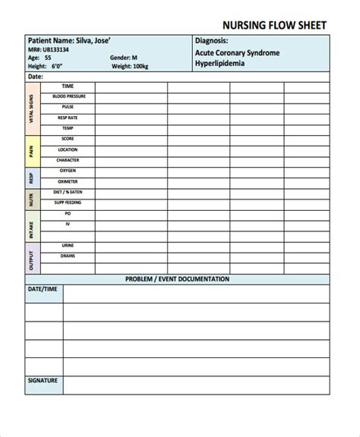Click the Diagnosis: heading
click(x=212, y=40)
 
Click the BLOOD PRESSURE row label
click(x=68, y=97)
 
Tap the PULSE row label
click(x=68, y=108)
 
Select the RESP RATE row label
click(x=68, y=118)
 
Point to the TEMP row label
click(x=68, y=129)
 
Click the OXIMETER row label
click(x=68, y=182)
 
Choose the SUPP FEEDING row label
click(x=68, y=203)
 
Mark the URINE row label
click(x=68, y=246)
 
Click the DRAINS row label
click(x=68, y=256)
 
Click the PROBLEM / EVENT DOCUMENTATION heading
click(x=177, y=279)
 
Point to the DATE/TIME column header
click(x=43, y=290)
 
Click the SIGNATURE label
click(x=43, y=380)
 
